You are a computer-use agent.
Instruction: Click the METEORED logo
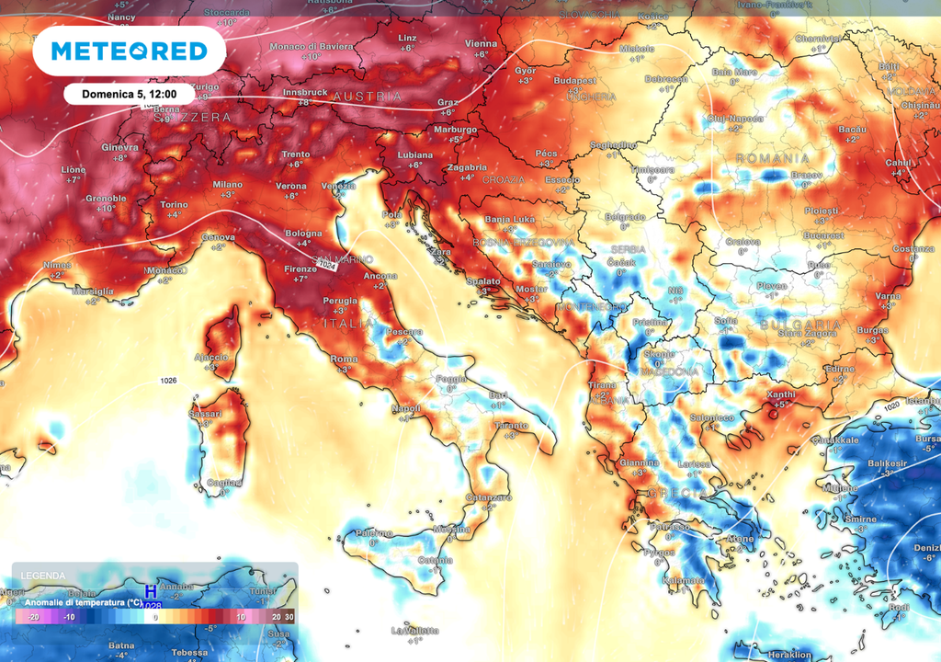pos(129,51)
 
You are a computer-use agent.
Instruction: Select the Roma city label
pos(343,359)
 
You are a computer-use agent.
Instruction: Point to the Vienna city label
pos(481,44)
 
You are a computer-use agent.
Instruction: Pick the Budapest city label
pos(575,81)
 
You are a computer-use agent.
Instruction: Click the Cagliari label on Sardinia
pos(223,483)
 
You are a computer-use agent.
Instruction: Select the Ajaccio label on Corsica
pos(210,357)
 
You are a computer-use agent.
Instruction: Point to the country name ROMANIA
pos(773,159)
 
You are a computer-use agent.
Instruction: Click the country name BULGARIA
pos(800,325)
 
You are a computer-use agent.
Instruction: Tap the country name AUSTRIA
pos(367,97)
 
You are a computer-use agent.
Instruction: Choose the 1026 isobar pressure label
pos(168,381)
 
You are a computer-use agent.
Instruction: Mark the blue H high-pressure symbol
pos(151,593)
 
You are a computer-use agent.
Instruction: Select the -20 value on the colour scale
pos(32,617)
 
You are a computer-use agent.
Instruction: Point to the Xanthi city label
pos(780,394)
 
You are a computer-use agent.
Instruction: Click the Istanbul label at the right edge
pos(922,402)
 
